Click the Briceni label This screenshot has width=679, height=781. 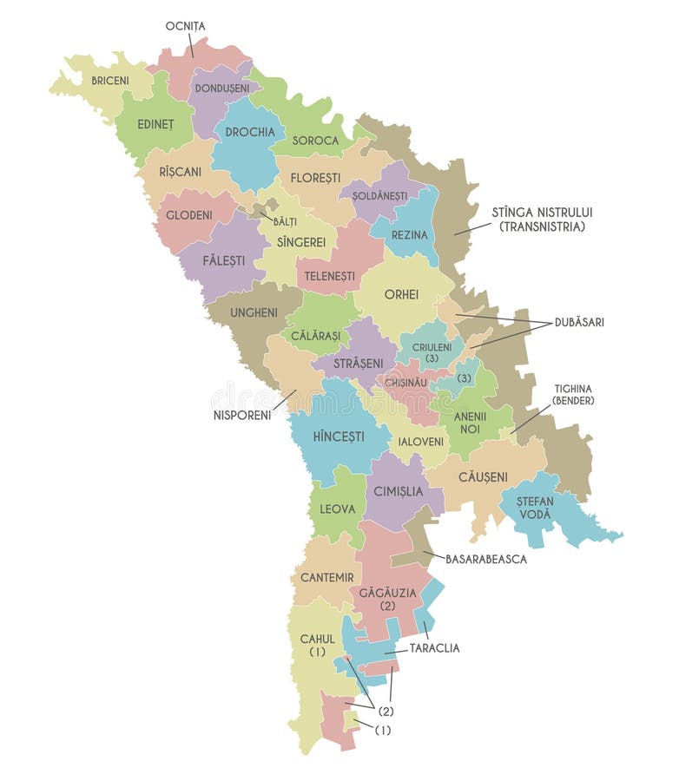coord(110,81)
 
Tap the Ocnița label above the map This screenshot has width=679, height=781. coord(185,26)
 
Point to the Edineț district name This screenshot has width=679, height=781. coord(156,124)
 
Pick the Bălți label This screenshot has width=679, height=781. coord(285,221)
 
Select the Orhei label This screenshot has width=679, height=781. coord(401,292)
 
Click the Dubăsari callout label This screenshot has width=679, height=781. coord(580,322)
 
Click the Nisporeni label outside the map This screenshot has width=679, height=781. coord(242,415)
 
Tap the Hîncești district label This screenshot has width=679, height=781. coord(339,436)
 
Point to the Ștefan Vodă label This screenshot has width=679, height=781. coord(534,508)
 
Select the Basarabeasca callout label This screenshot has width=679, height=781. coord(486,559)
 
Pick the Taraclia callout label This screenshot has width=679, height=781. coord(434,647)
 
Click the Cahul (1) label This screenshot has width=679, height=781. coord(317,645)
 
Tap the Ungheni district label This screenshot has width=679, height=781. coord(254,312)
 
